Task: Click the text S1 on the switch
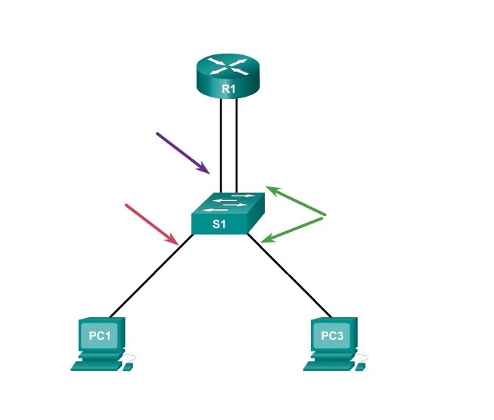[219, 224]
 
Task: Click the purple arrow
[182, 153]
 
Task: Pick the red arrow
[151, 224]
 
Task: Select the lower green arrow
[293, 230]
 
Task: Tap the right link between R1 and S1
[238, 144]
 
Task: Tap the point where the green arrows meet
[324, 216]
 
